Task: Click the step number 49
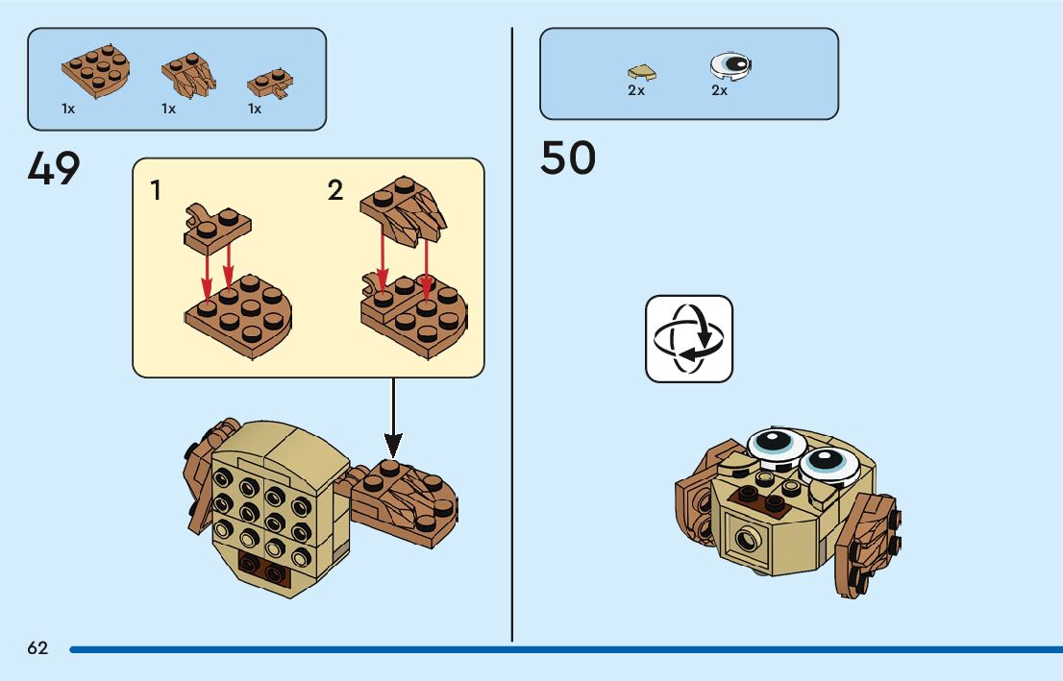[54, 169]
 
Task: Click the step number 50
[567, 158]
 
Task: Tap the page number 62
[37, 648]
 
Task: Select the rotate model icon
[688, 338]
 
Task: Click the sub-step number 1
[156, 190]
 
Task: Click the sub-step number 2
[334, 190]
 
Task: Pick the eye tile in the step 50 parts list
[730, 65]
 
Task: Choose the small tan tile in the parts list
[640, 70]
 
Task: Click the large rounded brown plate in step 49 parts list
[96, 73]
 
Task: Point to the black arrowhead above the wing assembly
[393, 445]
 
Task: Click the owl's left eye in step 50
[776, 443]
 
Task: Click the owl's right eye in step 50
[828, 463]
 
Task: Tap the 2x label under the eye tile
[719, 90]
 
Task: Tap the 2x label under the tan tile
[636, 90]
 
